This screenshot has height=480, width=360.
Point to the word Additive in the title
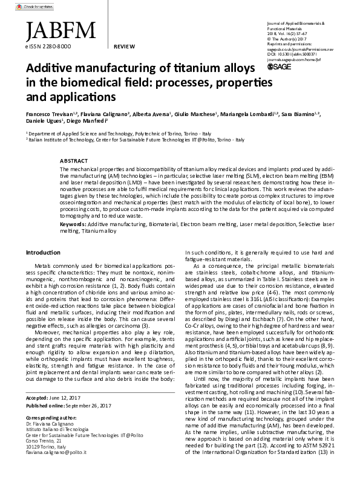click(x=51, y=69)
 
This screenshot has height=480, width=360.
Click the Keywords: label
click(x=73, y=224)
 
